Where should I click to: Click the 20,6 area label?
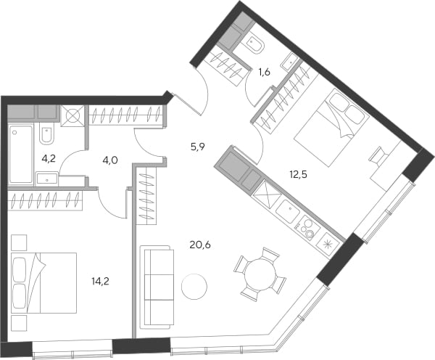pos(200,245)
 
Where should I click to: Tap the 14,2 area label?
pos(101,282)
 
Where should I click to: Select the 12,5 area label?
pos(298,175)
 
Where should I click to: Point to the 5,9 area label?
pos(197,147)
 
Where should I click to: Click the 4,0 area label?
pos(110,160)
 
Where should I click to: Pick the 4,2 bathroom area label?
pos(49,159)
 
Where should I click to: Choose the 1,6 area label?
pos(264,73)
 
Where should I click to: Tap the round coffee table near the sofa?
pos(194,287)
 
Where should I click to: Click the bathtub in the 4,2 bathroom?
pos(21,155)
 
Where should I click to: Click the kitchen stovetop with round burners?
pos(307,227)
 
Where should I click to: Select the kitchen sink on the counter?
pos(288,211)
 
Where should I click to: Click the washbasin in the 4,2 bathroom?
pos(47,179)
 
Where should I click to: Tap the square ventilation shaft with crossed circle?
pos(72,115)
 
